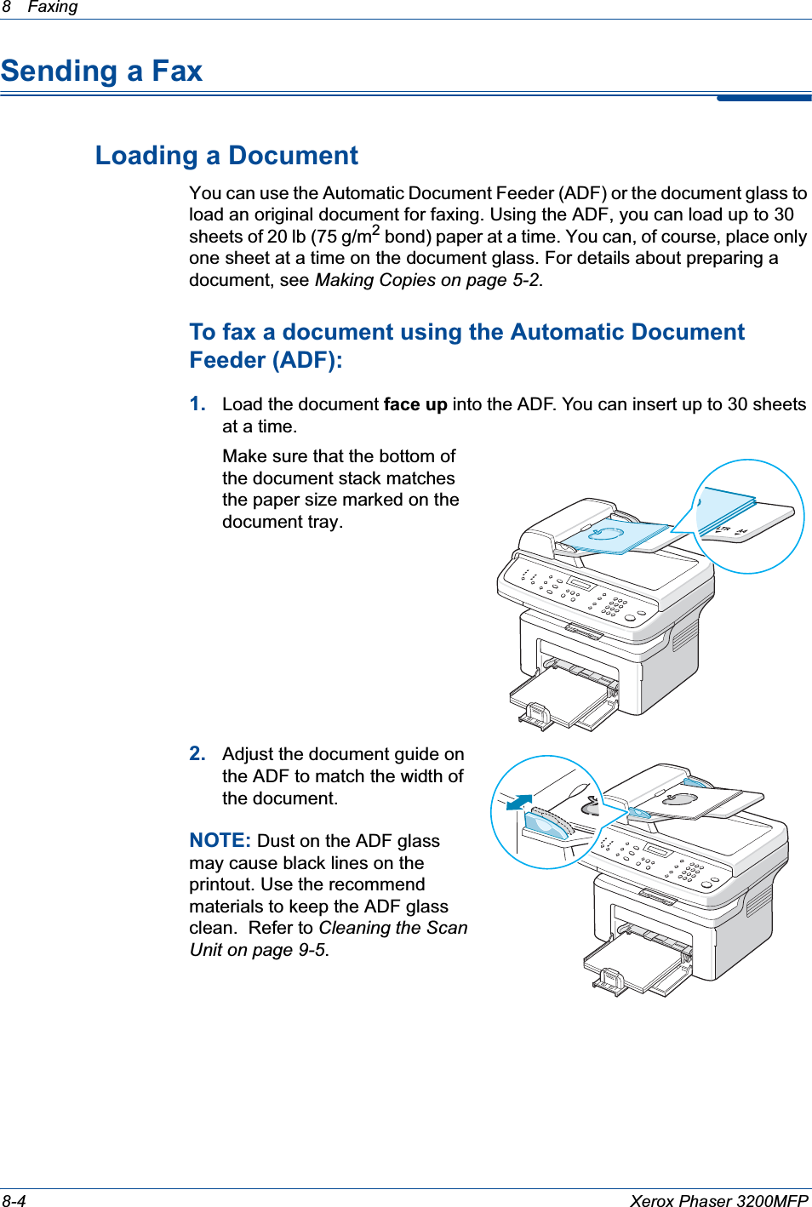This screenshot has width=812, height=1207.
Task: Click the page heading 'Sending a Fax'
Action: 101,71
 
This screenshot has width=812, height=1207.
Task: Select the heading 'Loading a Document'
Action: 226,156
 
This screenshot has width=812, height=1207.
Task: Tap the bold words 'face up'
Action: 415,404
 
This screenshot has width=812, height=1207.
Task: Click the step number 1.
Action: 197,403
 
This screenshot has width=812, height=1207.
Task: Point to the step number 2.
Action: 197,753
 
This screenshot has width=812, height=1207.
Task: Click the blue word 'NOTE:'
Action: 220,841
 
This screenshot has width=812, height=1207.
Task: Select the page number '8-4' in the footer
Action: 14,1200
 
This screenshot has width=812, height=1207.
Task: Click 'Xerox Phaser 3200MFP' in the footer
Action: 718,1200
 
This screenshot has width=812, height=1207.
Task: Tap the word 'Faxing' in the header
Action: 52,7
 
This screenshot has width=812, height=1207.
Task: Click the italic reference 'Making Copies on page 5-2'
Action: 427,280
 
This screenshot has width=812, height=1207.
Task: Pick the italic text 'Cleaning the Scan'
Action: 393,928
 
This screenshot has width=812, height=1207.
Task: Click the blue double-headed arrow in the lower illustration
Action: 518,802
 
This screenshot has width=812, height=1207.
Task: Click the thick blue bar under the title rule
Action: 763,99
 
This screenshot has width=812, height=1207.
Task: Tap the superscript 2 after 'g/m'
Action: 375,230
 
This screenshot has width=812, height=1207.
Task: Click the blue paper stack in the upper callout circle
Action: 724,511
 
